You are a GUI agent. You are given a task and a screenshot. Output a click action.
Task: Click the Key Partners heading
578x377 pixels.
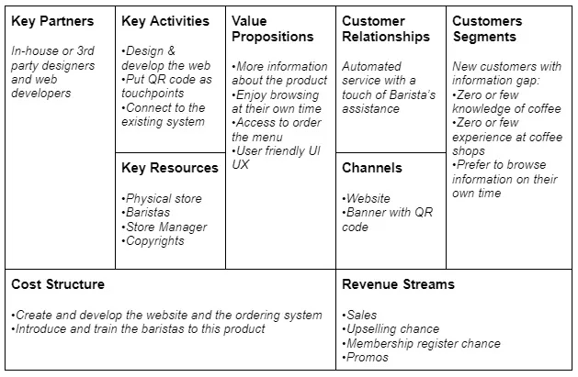point(51,21)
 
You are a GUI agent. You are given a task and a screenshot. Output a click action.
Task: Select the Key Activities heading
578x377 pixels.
point(165,21)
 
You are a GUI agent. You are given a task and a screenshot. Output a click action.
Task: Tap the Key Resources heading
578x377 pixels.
point(170,168)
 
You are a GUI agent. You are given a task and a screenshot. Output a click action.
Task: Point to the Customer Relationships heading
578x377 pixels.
point(386,28)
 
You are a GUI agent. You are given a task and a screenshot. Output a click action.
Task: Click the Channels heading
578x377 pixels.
point(372,168)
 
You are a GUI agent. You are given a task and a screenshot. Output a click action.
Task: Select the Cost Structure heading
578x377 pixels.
point(58,284)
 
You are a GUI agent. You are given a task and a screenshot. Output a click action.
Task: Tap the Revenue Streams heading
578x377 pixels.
point(398,284)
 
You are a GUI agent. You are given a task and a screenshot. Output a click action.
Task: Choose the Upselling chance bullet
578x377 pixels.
point(391,328)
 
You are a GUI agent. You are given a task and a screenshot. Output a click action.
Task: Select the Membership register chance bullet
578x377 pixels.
point(422,343)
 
